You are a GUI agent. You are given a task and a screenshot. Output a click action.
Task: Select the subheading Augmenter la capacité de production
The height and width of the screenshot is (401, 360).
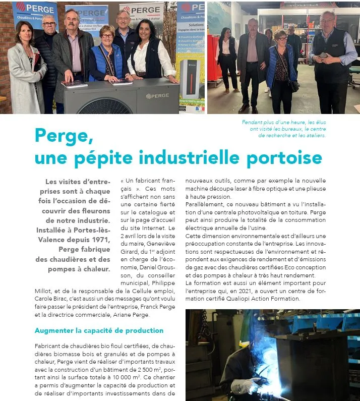click(99, 330)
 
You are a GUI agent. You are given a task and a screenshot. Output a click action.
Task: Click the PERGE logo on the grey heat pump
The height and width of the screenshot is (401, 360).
click(157, 95)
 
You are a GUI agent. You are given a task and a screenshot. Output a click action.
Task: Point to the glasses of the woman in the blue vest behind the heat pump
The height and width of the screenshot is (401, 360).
click(107, 36)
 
